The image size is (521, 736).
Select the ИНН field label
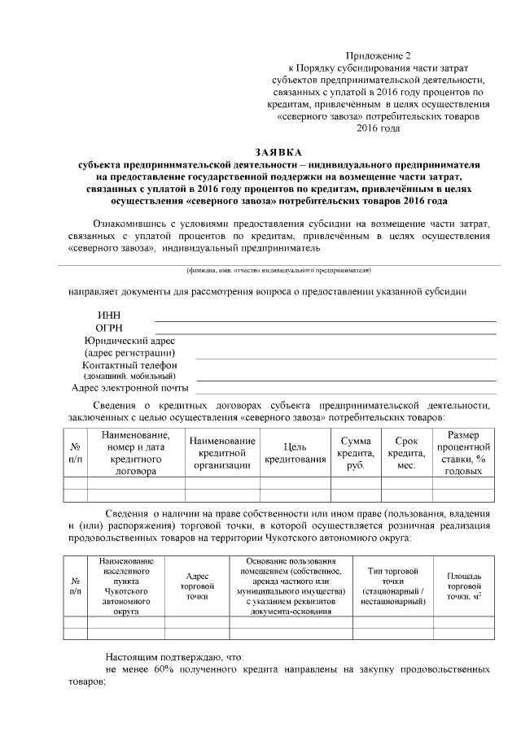[x=108, y=316]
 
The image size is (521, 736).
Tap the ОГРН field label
[x=109, y=328]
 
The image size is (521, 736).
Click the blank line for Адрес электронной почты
[x=345, y=393]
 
